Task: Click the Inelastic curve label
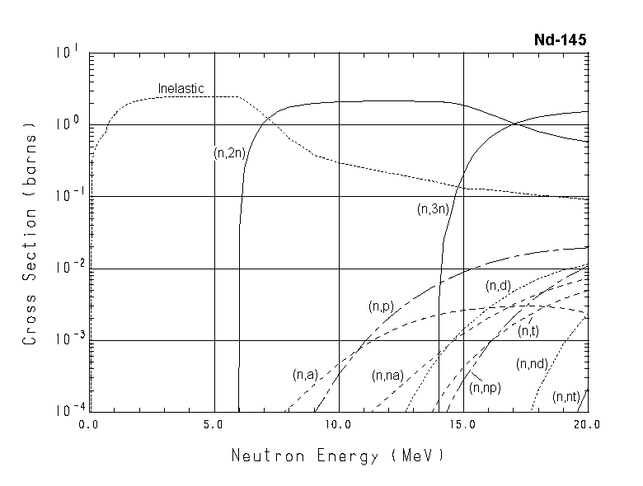pos(181,88)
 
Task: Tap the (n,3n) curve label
pos(433,209)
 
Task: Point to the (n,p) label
pos(380,306)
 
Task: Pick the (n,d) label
pos(498,286)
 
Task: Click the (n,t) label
pos(528,331)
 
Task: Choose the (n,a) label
pos(304,375)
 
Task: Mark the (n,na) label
pos(387,376)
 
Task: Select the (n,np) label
pos(485,386)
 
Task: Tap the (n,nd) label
pos(532,364)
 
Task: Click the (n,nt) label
pos(566,396)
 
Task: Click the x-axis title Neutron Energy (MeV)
pos(337,455)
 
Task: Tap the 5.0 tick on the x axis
pos(214,425)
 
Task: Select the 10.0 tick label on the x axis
pos(338,425)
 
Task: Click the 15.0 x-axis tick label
pos(463,425)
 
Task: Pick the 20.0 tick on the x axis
pos(586,425)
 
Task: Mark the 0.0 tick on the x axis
pos(88,425)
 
